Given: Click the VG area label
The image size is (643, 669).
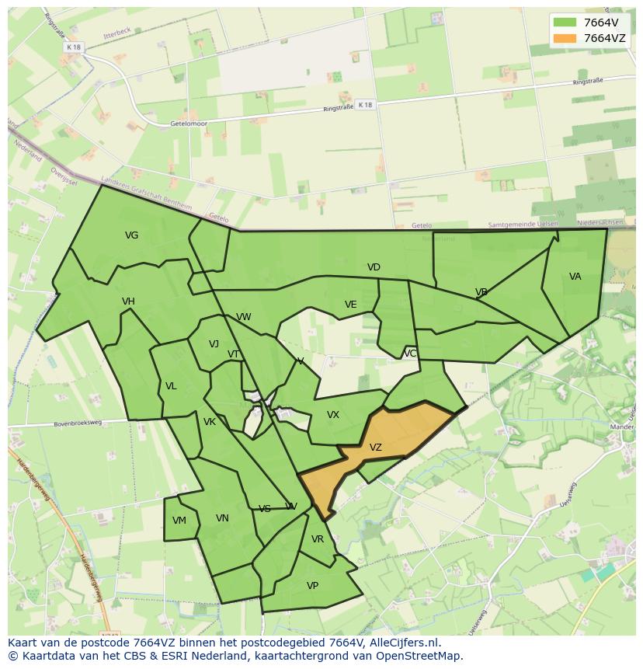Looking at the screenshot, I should coord(131,235).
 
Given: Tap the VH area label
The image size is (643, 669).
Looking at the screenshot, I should coord(128,301).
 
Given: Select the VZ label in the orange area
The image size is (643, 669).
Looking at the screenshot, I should coord(376,448).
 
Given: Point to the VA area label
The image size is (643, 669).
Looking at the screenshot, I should coord(575,277).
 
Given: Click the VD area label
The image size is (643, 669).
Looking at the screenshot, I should coord(374,267).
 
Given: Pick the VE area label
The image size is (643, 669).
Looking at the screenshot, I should coord(350,305).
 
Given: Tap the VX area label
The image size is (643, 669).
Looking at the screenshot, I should coord(333,415).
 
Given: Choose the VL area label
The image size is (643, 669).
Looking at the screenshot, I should coord(171,386).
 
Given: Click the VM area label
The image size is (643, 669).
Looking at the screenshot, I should coord(179,521).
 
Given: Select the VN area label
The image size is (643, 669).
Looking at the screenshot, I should coord(222,518).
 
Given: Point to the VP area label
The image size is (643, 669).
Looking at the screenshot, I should coord(312,586).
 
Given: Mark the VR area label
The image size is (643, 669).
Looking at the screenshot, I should coord(317,539).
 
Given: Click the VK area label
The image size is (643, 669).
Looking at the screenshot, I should coord(210,422).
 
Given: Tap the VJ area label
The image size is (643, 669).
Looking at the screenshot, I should coord(214,344).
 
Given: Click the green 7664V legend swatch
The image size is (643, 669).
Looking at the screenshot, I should coord(565,23).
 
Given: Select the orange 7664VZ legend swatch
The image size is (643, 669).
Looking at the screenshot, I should coord(565,38).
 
